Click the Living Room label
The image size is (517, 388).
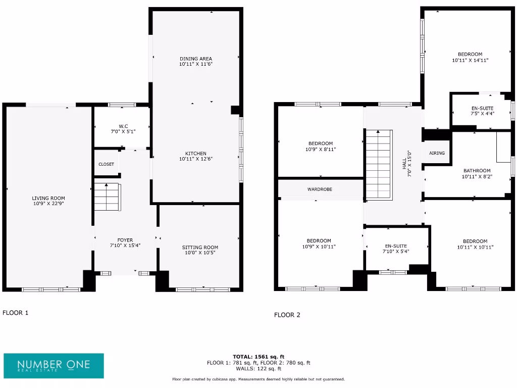click(x=48, y=198)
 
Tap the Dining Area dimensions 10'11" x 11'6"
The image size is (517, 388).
click(x=195, y=64)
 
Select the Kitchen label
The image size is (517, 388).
click(x=195, y=154)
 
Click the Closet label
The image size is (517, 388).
click(x=106, y=164)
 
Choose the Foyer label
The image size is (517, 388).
click(x=125, y=240)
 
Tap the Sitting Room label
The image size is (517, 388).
click(x=200, y=247)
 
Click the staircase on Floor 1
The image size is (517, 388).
click(x=107, y=197)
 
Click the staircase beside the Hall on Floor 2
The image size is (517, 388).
click(x=379, y=164)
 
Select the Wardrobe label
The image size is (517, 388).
click(x=320, y=189)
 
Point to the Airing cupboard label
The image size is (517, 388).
click(x=437, y=153)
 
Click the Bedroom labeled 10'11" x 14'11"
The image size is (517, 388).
click(x=470, y=54)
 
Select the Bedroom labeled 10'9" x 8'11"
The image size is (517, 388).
click(x=321, y=143)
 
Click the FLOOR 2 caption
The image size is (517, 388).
click(x=287, y=315)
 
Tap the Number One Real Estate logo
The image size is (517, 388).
click(x=54, y=366)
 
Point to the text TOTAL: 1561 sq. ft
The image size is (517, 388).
click(x=258, y=356)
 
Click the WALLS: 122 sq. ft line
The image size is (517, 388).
click(x=258, y=369)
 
